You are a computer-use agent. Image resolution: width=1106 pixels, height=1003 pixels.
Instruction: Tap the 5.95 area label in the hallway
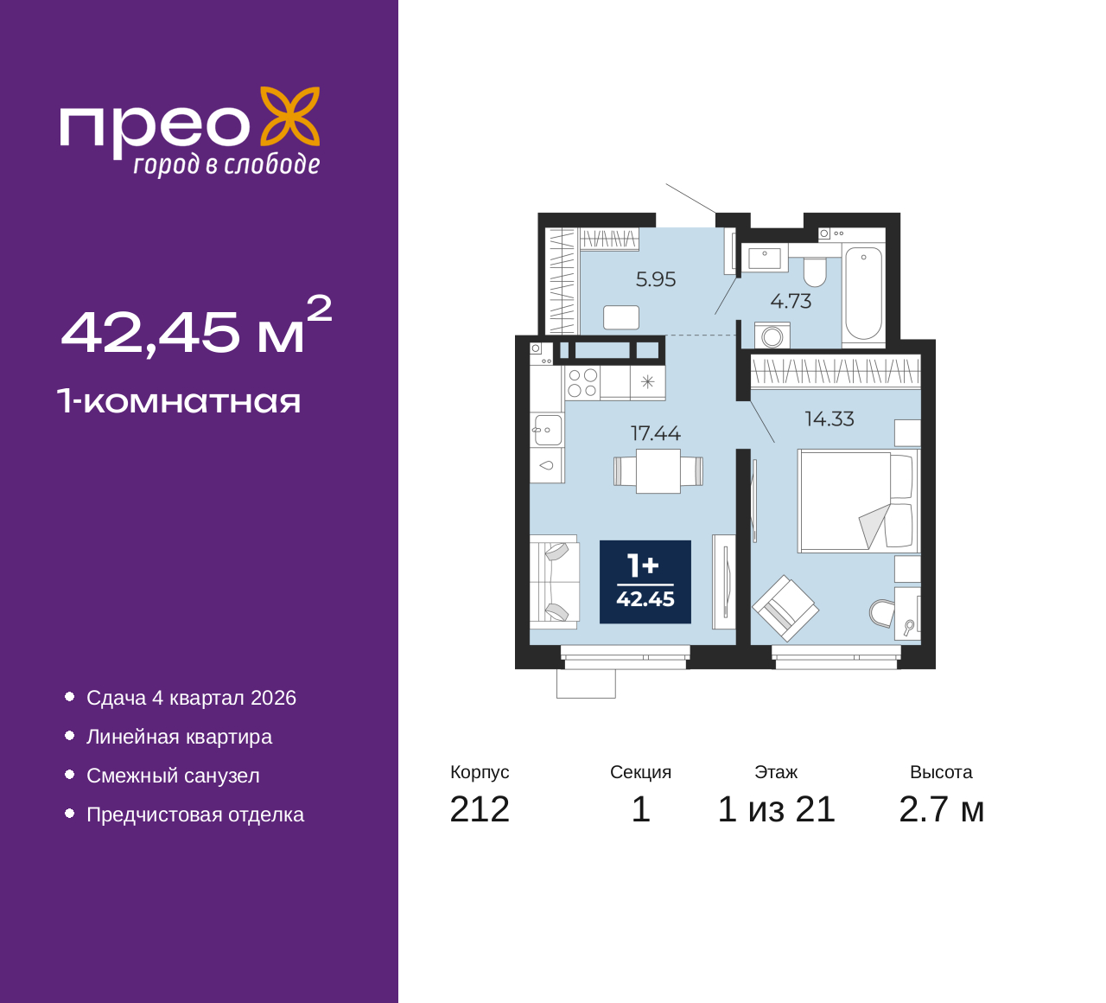(x=656, y=279)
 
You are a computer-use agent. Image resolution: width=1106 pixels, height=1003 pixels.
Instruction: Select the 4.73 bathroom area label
(x=791, y=301)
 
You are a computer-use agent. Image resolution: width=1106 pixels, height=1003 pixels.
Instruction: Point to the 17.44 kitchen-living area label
(x=656, y=433)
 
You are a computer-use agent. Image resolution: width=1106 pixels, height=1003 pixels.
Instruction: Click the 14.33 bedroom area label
(x=829, y=419)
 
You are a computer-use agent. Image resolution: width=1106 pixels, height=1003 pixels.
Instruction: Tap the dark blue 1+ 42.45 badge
(x=645, y=582)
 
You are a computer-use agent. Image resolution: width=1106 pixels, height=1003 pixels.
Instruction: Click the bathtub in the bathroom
(x=863, y=293)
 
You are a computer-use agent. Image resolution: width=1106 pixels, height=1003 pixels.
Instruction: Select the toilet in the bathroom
(x=814, y=272)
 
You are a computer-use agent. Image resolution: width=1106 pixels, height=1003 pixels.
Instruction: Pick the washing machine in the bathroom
(x=772, y=335)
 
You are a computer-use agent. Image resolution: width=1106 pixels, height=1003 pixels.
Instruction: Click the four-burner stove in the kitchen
(x=582, y=383)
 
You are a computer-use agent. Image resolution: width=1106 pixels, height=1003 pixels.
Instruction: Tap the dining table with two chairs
(x=658, y=471)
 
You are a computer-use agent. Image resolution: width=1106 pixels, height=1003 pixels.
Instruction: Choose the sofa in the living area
(x=554, y=582)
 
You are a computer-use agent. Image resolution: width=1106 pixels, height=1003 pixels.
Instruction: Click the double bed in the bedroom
(x=858, y=501)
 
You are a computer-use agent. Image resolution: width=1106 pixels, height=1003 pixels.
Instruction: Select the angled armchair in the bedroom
(x=785, y=608)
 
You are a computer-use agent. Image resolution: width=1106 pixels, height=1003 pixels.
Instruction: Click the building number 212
(x=480, y=810)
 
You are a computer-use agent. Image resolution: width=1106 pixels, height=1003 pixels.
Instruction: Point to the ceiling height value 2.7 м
(x=941, y=810)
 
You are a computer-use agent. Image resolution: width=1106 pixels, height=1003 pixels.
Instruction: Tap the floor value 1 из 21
(x=776, y=810)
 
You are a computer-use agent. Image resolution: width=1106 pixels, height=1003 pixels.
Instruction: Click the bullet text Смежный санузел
(x=173, y=776)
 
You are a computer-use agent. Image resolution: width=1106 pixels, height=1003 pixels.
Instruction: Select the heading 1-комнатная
(x=180, y=401)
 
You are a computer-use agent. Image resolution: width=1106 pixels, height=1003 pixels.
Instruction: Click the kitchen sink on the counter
(x=546, y=430)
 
